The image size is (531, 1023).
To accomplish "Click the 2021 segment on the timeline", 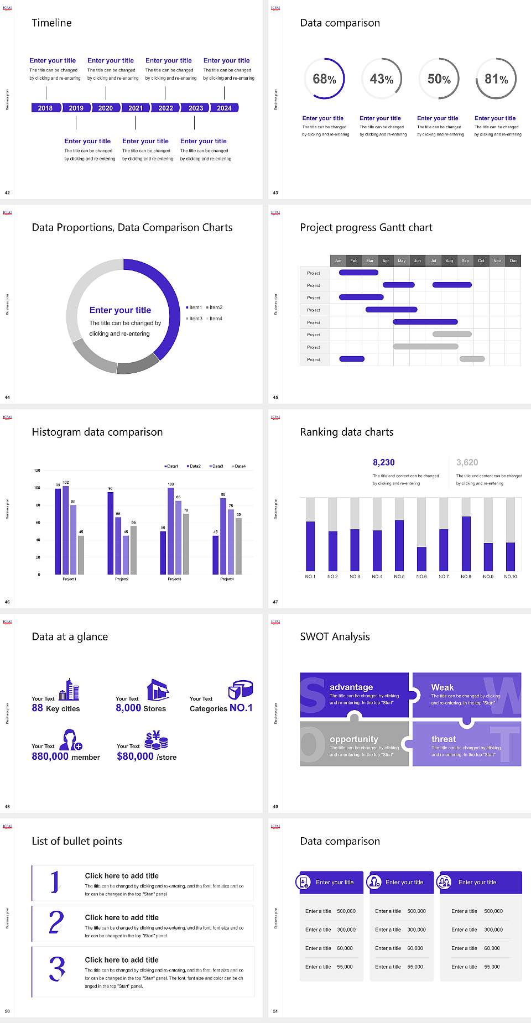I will pyautogui.click(x=136, y=108).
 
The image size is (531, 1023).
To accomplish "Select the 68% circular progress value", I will pyautogui.click(x=324, y=79).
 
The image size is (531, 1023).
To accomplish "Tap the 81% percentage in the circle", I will pyautogui.click(x=496, y=79).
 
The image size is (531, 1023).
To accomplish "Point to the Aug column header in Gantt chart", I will pyautogui.click(x=449, y=260).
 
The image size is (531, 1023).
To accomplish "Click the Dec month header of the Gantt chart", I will pyautogui.click(x=513, y=260).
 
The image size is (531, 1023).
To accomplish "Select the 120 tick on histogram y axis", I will pyautogui.click(x=37, y=471).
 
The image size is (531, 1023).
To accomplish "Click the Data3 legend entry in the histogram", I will pyautogui.click(x=216, y=466).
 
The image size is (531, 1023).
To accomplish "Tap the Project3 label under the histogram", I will pyautogui.click(x=174, y=579).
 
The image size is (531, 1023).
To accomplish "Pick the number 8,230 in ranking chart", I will pyautogui.click(x=383, y=462).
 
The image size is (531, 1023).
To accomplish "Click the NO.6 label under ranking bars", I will pyautogui.click(x=421, y=576).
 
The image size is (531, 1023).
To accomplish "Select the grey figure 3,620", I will pyautogui.click(x=467, y=462).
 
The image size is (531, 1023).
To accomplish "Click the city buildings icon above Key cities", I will pyautogui.click(x=69, y=690).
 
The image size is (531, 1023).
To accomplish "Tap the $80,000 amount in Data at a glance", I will pyautogui.click(x=135, y=756).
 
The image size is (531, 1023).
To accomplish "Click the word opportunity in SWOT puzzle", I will pyautogui.click(x=354, y=739).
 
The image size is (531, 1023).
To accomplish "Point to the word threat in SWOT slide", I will pyautogui.click(x=444, y=739).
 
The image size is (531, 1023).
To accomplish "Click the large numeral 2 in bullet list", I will pyautogui.click(x=56, y=923).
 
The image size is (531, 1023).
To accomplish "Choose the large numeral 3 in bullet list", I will pyautogui.click(x=57, y=969).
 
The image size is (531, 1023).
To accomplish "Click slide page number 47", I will pyautogui.click(x=275, y=602).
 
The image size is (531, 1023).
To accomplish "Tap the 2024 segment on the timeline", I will pyautogui.click(x=224, y=108).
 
